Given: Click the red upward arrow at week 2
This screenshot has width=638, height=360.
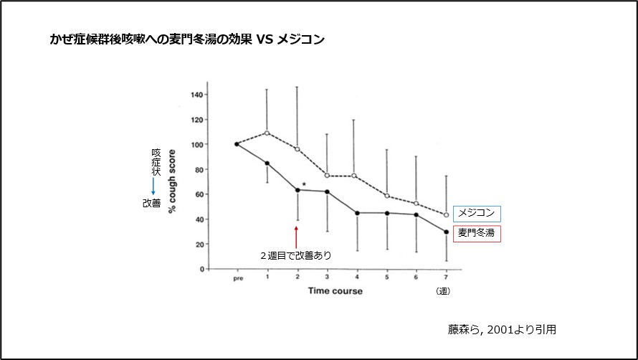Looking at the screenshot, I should click(296, 236).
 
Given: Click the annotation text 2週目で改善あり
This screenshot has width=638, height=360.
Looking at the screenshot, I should click(300, 255).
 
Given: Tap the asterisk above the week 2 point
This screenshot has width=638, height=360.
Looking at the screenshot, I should click(304, 185).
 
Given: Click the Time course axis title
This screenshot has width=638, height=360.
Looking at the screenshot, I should click(335, 291).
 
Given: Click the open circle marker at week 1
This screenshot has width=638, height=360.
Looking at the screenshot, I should click(267, 133).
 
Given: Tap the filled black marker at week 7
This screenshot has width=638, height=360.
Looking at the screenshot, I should click(447, 232).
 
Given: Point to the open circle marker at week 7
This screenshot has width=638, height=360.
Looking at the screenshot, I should click(447, 214).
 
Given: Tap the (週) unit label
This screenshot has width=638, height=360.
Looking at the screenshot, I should click(443, 291).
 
